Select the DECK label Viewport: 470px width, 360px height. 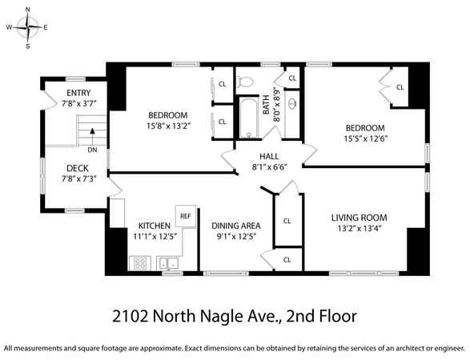(77, 168)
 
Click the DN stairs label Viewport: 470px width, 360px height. (92, 150)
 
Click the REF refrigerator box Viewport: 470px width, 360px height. (186, 215)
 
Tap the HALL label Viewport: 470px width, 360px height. (268, 156)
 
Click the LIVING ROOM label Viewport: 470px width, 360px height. (360, 217)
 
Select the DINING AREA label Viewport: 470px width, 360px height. (235, 225)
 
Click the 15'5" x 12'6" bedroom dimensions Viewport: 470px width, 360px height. (365, 139)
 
